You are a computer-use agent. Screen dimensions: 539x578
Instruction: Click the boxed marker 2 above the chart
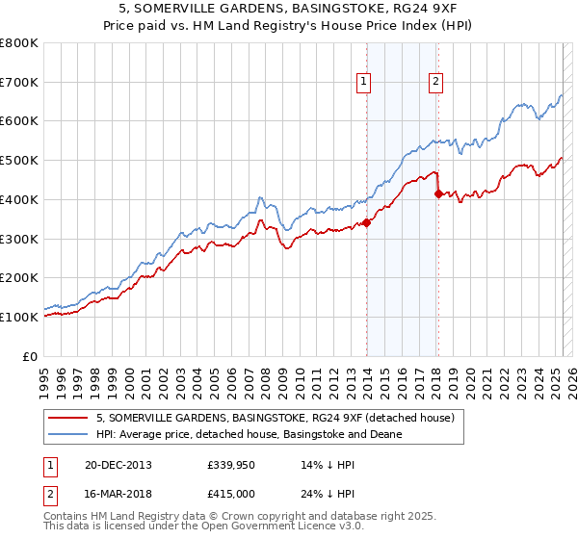pos(436,83)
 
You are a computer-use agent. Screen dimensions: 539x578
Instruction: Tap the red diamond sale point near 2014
pos(367,223)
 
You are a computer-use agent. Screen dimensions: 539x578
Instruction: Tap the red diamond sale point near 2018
pos(439,193)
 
